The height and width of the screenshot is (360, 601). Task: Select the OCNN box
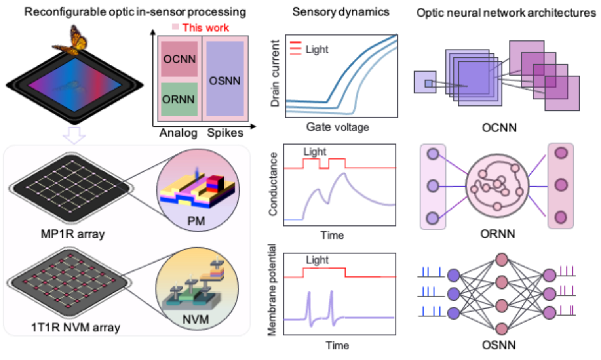point(179,59)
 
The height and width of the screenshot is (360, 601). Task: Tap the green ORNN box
point(179,99)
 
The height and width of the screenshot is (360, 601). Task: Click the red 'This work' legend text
point(205,28)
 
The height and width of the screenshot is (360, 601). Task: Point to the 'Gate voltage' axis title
point(337,127)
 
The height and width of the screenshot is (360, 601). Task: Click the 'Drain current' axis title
point(275,74)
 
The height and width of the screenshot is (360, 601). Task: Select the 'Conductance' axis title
point(273,184)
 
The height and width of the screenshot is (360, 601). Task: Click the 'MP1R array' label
point(73,234)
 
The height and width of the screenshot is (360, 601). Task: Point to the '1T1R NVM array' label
point(75,328)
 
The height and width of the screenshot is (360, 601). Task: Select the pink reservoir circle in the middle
point(497,186)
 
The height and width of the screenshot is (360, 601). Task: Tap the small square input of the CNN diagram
point(425,82)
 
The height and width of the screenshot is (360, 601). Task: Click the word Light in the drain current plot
point(316,49)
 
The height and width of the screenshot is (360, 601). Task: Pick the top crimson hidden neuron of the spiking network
point(502,260)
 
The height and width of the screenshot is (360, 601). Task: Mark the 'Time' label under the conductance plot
point(332,236)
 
